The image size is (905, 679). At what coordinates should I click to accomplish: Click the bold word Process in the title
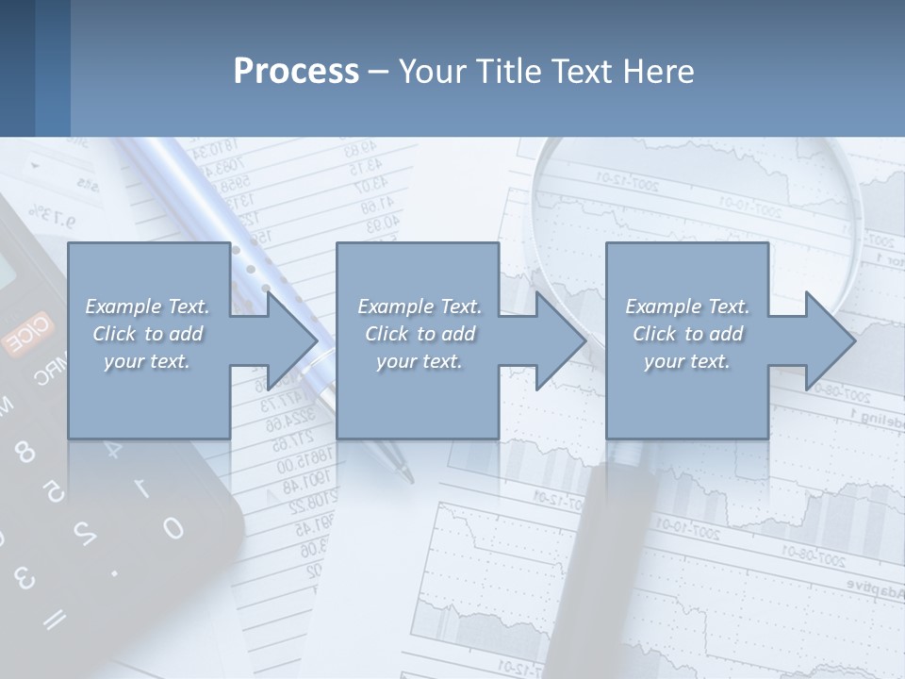pyautogui.click(x=296, y=72)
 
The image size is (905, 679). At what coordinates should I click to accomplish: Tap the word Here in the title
pyautogui.click(x=658, y=72)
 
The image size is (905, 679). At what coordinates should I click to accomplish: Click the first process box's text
pyautogui.click(x=147, y=334)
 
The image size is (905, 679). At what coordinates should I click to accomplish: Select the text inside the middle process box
pyautogui.click(x=419, y=334)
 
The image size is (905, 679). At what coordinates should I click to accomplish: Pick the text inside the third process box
pyautogui.click(x=686, y=334)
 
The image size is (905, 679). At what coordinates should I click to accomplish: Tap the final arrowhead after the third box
pyautogui.click(x=829, y=340)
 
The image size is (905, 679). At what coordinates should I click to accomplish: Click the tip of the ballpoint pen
pyautogui.click(x=408, y=476)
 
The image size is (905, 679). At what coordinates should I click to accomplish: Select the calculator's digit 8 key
pyautogui.click(x=25, y=454)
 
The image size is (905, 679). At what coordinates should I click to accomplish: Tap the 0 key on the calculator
pyautogui.click(x=173, y=528)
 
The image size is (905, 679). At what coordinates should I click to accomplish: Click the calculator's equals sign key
pyautogui.click(x=55, y=618)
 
